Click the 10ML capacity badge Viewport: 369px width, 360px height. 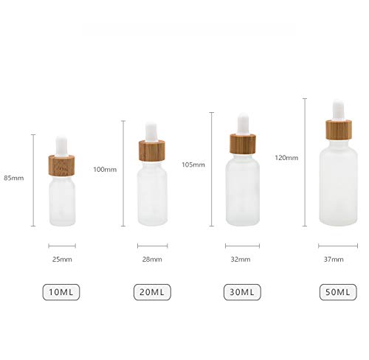(x=63, y=292)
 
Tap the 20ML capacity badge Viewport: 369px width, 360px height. (x=152, y=292)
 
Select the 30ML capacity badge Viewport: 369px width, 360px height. (x=241, y=292)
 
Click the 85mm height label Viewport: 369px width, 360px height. (x=13, y=178)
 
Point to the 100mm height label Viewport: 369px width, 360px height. (x=105, y=169)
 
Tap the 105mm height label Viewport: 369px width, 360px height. (x=193, y=164)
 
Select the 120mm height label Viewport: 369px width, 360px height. (x=286, y=158)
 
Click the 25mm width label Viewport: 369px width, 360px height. (x=63, y=260)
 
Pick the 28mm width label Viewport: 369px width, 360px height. (x=152, y=260)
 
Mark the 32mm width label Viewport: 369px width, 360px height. (x=241, y=260)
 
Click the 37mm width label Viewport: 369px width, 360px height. (x=334, y=260)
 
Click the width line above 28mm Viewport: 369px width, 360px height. (x=152, y=246)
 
